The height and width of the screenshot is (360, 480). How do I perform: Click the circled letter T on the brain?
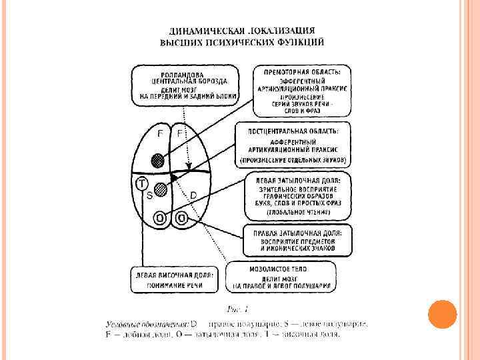click(141, 183)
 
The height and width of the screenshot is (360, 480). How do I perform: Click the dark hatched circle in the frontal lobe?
click(157, 160)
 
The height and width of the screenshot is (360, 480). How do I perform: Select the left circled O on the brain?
click(161, 217)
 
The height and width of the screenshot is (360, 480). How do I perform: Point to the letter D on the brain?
click(193, 195)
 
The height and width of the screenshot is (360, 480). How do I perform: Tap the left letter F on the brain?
click(159, 133)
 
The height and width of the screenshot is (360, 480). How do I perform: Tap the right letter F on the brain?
click(179, 133)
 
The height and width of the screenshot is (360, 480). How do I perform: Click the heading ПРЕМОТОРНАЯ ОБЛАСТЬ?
click(293, 71)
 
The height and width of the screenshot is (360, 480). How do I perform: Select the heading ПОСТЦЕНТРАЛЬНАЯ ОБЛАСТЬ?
click(293, 131)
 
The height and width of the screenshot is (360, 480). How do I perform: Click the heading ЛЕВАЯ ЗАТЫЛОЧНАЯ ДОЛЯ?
click(293, 181)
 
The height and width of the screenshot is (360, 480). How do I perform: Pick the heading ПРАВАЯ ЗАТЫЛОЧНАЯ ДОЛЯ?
click(293, 233)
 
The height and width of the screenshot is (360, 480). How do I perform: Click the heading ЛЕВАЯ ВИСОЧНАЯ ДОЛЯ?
click(174, 275)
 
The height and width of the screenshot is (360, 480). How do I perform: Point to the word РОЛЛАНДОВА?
click(177, 75)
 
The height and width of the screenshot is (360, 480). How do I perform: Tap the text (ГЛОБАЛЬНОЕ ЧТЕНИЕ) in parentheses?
click(293, 213)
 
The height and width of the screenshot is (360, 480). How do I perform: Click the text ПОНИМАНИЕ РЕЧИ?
click(175, 285)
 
